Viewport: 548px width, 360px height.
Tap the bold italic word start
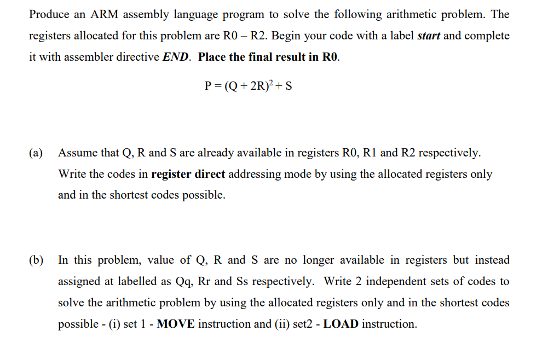(429, 36)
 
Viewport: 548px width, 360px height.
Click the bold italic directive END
(176, 57)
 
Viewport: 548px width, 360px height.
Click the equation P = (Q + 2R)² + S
(247, 86)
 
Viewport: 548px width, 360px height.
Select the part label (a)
(36, 153)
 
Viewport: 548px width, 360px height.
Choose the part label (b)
(37, 260)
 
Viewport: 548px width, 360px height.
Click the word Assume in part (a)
(77, 153)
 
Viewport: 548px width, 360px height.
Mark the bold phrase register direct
(188, 174)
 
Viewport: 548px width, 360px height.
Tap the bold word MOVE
(176, 324)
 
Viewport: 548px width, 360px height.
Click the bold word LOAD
(342, 324)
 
